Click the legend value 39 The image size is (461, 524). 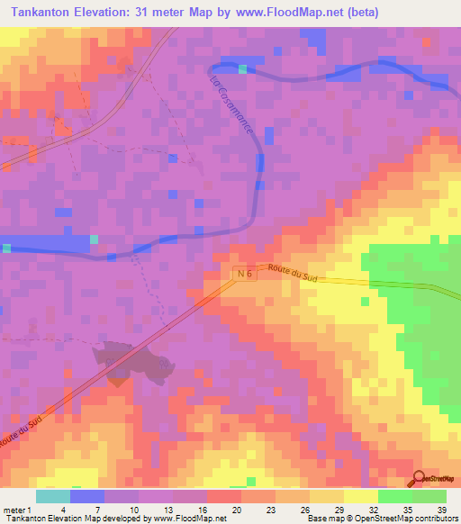(441, 510)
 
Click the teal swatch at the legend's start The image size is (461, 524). (52, 496)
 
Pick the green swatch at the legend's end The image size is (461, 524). (429, 496)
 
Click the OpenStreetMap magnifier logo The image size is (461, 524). (420, 480)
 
